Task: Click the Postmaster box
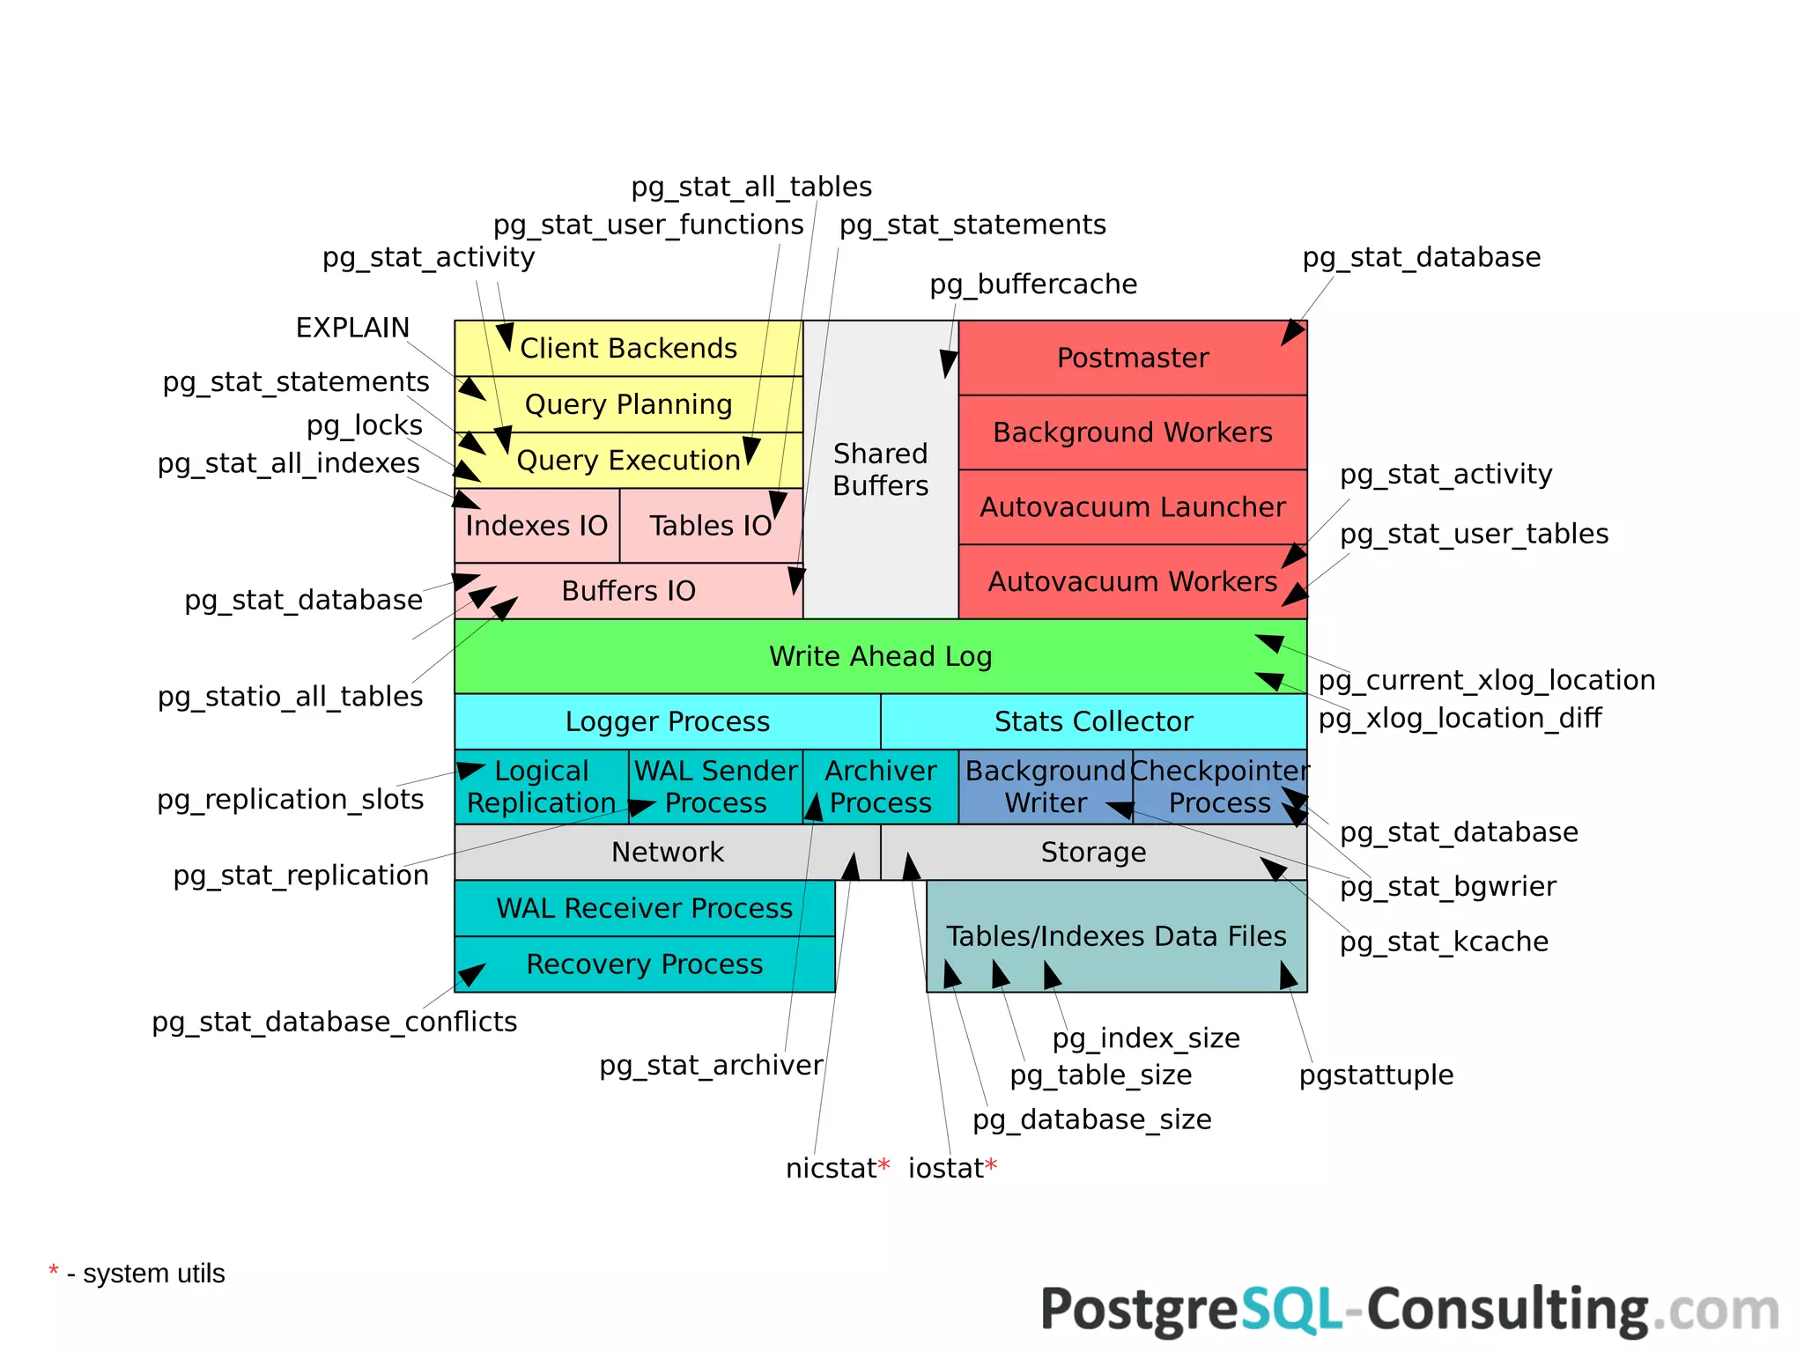(x=1132, y=358)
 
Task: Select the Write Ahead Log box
(x=880, y=656)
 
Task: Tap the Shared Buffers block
(x=880, y=469)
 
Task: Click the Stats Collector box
(x=1093, y=721)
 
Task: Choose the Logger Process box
(x=667, y=721)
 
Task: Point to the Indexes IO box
(x=536, y=526)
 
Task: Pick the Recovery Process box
(x=644, y=964)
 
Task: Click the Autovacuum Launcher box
(x=1132, y=507)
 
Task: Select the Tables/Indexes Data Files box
(x=1116, y=936)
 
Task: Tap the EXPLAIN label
(x=352, y=328)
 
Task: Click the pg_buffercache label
(x=1033, y=284)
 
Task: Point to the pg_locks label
(x=365, y=425)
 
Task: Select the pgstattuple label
(x=1376, y=1075)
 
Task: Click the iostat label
(x=946, y=1168)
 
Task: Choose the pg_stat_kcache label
(x=1444, y=942)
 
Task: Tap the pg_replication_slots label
(x=291, y=799)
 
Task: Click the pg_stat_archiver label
(x=711, y=1066)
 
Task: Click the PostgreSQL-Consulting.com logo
(x=1409, y=1311)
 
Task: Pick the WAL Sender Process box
(x=715, y=787)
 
